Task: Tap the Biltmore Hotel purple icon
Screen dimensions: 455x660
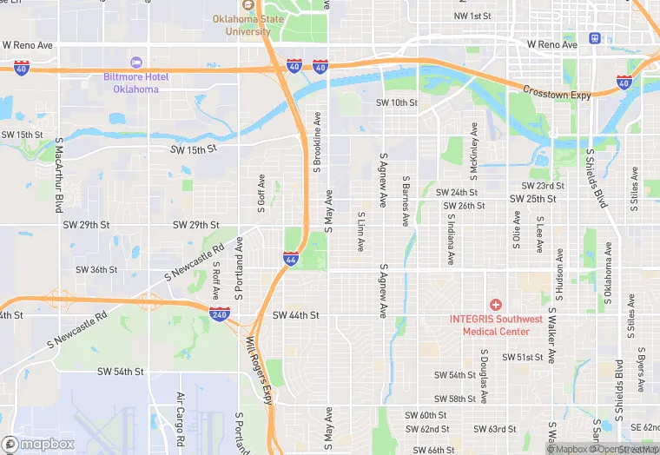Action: point(135,62)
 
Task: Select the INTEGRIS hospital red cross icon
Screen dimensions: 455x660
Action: point(495,304)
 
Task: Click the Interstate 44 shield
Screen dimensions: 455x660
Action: point(291,258)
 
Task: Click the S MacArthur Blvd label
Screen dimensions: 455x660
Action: point(60,175)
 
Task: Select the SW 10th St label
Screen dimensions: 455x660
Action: point(397,102)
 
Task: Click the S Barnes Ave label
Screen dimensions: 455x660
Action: point(406,202)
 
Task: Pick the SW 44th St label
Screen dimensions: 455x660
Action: point(296,315)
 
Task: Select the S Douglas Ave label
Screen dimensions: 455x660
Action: point(485,376)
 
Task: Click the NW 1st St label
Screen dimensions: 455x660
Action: point(472,16)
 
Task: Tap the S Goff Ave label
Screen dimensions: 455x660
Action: point(261,191)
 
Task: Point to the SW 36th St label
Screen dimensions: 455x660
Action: point(96,269)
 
